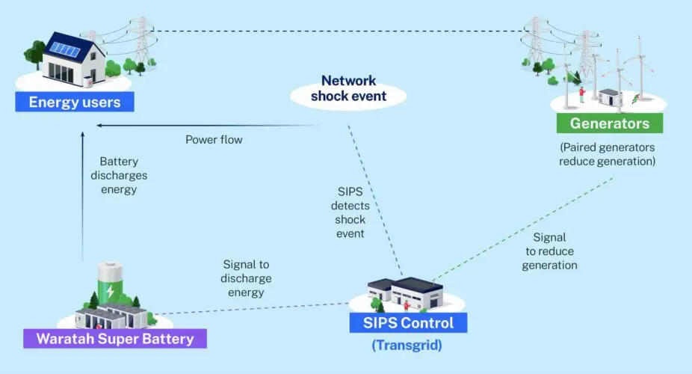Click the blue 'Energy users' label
tap(75, 102)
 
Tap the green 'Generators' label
tap(610, 123)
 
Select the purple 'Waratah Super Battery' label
tap(114, 339)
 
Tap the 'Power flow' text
tap(214, 140)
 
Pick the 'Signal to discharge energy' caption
tap(247, 278)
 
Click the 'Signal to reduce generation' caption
tap(549, 253)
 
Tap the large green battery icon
tap(110, 285)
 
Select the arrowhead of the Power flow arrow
tap(99, 125)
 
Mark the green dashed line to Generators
tap(523, 229)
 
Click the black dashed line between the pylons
tap(336, 31)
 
